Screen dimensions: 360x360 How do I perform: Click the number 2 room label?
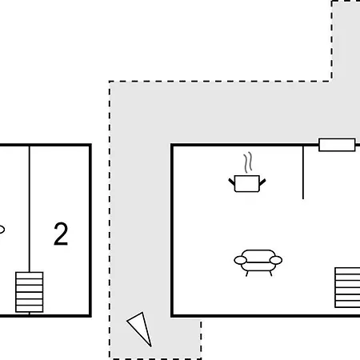pos(61,234)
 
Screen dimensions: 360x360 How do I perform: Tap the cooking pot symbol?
pos(247,183)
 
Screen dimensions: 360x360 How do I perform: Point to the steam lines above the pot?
pos(248,162)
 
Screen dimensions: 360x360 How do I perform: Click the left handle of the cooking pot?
pos(231,182)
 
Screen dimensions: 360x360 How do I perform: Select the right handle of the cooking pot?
pos(262,182)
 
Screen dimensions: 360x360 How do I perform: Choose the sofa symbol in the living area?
pos(258,262)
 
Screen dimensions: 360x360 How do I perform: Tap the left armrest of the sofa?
pos(240,260)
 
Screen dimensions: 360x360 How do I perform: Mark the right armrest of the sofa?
pos(276,260)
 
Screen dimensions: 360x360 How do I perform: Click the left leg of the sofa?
pos(246,274)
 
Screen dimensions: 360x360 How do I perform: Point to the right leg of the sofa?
pos(271,274)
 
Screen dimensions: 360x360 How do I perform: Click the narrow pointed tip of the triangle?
pos(151,346)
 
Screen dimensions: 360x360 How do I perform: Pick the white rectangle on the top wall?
pos(337,145)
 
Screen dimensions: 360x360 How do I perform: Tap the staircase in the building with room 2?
pos(30,292)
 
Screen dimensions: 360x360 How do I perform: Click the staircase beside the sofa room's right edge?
pos(347,287)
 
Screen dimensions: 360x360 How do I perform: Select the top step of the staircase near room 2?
pos(30,275)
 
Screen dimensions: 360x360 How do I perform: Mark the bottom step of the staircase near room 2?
pos(30,309)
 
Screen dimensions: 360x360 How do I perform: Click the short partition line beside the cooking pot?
pos(303,172)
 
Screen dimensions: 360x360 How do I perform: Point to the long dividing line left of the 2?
pos(30,209)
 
